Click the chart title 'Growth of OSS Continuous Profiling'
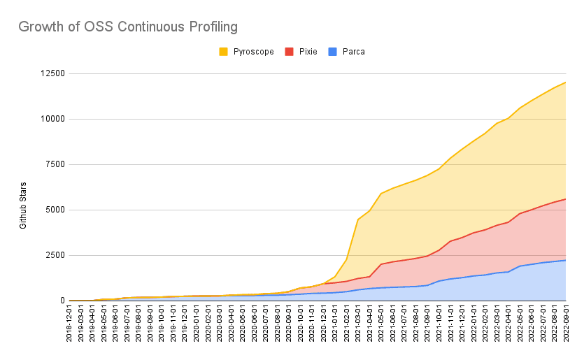coord(128,27)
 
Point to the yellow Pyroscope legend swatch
coord(224,51)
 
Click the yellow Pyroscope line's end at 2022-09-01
coord(565,82)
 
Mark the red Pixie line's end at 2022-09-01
coord(565,199)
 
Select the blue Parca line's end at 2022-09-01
coord(565,260)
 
